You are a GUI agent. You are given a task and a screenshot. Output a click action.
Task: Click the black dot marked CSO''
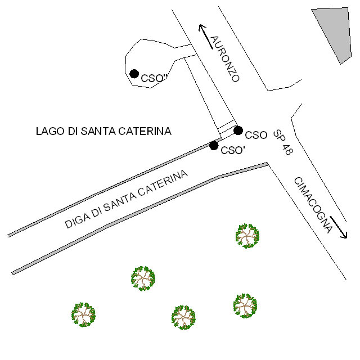click(134, 73)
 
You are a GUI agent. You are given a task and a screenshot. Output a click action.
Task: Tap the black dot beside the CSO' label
click(214, 145)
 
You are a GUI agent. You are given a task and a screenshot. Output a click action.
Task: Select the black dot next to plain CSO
click(238, 130)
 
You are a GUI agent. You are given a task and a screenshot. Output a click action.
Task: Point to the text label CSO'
click(232, 150)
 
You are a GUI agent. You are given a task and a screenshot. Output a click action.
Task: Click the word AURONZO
click(225, 58)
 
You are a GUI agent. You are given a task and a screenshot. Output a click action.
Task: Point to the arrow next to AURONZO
click(205, 36)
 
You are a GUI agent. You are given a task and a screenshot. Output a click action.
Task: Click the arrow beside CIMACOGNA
click(339, 227)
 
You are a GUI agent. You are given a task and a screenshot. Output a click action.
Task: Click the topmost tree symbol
click(247, 236)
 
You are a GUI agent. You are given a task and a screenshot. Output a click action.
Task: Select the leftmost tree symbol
click(84, 314)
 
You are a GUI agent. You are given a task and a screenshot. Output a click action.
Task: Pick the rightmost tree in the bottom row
click(245, 305)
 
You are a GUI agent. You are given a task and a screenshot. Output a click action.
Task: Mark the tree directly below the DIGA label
click(143, 278)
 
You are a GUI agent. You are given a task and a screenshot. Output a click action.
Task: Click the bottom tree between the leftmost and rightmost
click(183, 317)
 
